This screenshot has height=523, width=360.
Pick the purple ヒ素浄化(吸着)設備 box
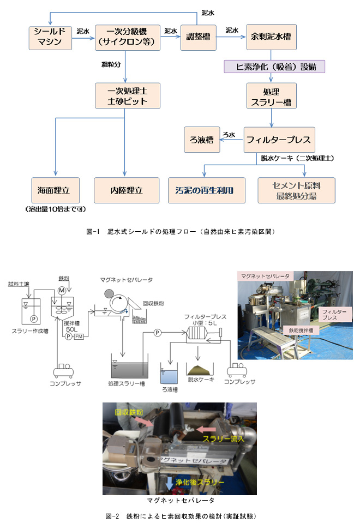[274, 67]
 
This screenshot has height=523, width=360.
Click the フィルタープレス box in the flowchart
[278, 140]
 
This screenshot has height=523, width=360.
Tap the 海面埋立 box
[55, 190]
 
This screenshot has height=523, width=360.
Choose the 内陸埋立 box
[127, 190]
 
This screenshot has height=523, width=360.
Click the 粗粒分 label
[111, 64]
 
